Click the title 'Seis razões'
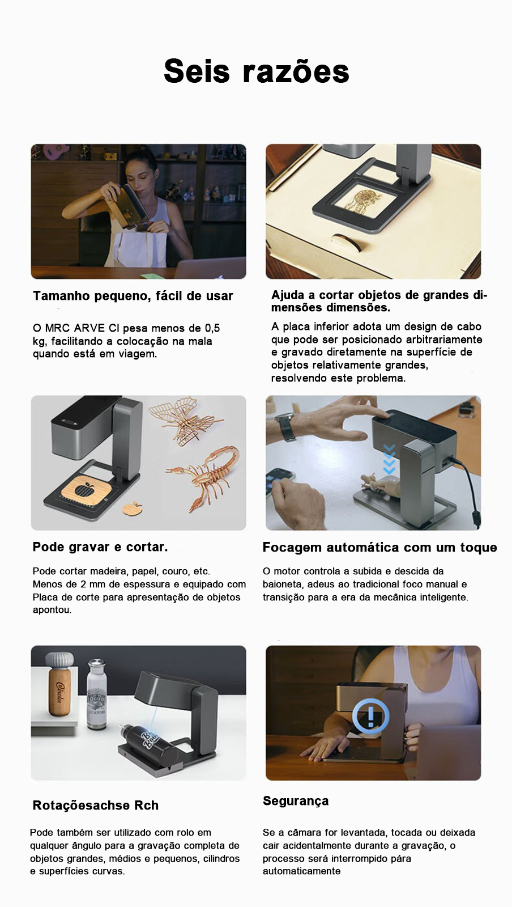coord(257,71)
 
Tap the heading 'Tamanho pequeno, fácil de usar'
coord(133,296)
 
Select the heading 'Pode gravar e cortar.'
coord(100,547)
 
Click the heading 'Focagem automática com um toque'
coord(380,548)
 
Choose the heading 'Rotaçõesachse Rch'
coord(96,805)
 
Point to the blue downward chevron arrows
coord(389,459)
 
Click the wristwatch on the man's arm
coord(287,427)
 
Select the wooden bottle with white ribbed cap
coord(59,684)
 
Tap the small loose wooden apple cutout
coord(132,508)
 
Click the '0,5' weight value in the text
coord(212,328)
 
